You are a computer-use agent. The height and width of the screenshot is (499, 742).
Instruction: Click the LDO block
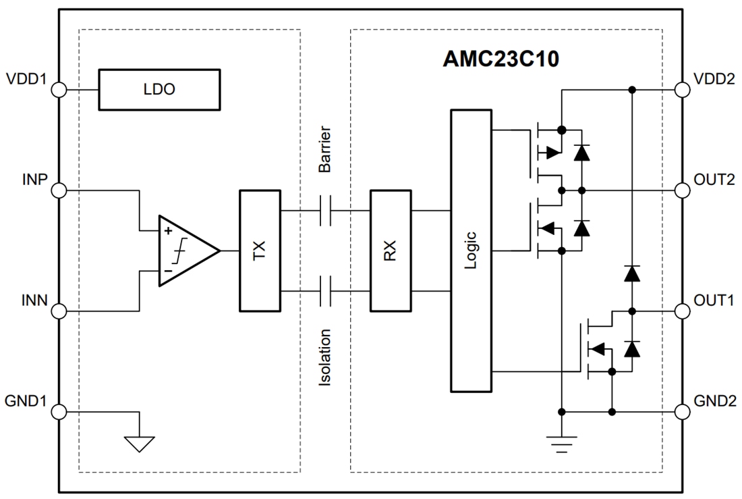pyautogui.click(x=159, y=90)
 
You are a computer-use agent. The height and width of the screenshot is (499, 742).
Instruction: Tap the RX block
pyautogui.click(x=390, y=251)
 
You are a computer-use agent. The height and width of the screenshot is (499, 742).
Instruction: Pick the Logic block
pyautogui.click(x=470, y=251)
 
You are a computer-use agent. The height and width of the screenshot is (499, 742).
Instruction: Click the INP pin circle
pyautogui.click(x=59, y=190)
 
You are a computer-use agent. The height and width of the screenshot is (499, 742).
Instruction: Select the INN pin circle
pyautogui.click(x=59, y=311)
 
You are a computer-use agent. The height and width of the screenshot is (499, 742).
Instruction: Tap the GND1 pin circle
pyautogui.click(x=59, y=411)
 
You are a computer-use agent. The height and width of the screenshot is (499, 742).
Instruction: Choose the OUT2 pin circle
pyautogui.click(x=683, y=190)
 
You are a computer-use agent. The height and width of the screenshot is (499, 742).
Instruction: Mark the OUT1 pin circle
pyautogui.click(x=683, y=311)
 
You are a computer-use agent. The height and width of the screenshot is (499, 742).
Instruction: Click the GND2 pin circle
pyautogui.click(x=683, y=411)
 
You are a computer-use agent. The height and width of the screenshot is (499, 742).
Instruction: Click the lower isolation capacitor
pyautogui.click(x=324, y=291)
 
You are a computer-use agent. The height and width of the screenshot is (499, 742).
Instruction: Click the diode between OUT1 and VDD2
pyautogui.click(x=632, y=273)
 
